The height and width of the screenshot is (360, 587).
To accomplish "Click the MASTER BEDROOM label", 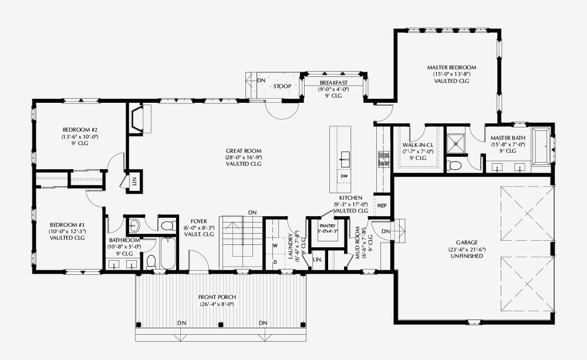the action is (451, 68).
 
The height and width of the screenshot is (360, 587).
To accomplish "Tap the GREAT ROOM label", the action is (244, 151).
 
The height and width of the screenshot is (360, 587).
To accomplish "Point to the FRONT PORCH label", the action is (217, 297).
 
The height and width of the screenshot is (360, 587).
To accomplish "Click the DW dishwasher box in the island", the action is (344, 176).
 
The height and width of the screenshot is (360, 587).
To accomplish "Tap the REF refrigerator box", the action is (382, 206).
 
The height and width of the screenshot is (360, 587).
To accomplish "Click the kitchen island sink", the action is (345, 160).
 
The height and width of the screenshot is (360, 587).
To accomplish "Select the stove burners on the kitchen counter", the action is (383, 158).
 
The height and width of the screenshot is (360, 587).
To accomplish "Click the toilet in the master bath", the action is (455, 165).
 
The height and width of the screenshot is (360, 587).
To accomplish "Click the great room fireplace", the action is (136, 119).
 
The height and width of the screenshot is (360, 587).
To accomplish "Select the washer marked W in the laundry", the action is (275, 245).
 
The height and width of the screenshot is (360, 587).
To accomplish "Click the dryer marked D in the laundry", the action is (275, 262).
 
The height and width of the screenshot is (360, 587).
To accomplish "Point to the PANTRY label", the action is (328, 226).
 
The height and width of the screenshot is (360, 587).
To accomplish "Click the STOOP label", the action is (282, 86).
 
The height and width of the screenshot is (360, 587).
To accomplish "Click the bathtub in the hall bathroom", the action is (168, 253).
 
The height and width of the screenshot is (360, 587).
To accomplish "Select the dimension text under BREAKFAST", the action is (333, 89).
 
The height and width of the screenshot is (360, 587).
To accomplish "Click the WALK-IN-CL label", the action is (417, 145).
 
